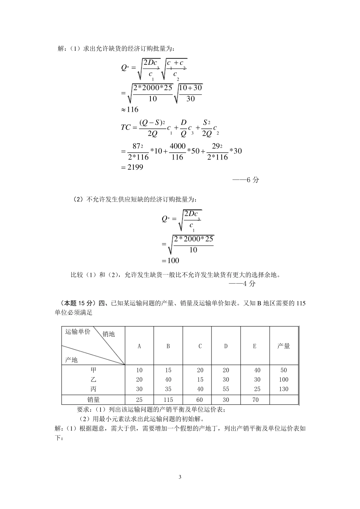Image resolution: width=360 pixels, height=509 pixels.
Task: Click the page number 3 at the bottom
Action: (x=180, y=476)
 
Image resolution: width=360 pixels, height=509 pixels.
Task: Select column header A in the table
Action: (x=139, y=346)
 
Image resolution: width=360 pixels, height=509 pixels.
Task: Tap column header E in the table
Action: (x=254, y=346)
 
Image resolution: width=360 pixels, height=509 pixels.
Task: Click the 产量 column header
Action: (x=283, y=346)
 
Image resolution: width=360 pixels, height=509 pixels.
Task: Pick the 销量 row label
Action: (x=93, y=400)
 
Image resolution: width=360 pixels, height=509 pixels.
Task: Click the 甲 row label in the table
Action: (x=93, y=370)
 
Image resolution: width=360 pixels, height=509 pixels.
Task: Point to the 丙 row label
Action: (x=93, y=389)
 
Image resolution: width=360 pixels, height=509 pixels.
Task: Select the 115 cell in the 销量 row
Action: (x=168, y=400)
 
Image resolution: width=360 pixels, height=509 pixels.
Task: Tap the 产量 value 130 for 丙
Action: (x=283, y=389)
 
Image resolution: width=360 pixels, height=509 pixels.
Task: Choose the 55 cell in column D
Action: (x=226, y=389)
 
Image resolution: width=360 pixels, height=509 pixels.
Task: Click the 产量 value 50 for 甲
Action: (x=283, y=370)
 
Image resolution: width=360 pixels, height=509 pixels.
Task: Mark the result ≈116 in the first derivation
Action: (x=130, y=110)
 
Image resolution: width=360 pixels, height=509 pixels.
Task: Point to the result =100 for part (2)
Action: (x=171, y=261)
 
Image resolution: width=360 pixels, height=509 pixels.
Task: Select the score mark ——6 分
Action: (x=246, y=180)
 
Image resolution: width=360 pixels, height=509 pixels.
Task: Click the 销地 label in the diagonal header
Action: (x=109, y=334)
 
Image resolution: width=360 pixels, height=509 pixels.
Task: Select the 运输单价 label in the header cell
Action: (x=78, y=332)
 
